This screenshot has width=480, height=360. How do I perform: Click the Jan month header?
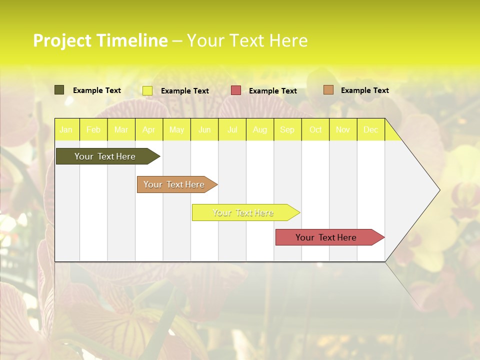[66, 129]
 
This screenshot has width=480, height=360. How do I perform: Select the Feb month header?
[93, 129]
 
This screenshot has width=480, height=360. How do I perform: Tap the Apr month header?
[149, 129]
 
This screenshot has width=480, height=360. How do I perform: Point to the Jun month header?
[204, 129]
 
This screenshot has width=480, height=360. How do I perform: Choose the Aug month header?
[260, 129]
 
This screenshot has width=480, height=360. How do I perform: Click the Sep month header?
[287, 129]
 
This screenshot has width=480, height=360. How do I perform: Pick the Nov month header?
[343, 129]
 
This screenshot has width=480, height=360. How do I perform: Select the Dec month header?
[371, 129]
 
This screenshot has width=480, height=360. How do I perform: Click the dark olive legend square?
[59, 90]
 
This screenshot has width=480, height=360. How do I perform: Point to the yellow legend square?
[147, 90]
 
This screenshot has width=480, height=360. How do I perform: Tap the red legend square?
[236, 90]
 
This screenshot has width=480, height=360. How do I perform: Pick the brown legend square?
[328, 90]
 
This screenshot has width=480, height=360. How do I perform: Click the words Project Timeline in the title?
[100, 40]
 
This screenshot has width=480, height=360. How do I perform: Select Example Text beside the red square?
[273, 91]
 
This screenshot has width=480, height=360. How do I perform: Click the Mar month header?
[121, 129]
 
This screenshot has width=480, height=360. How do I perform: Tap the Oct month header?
[315, 129]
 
